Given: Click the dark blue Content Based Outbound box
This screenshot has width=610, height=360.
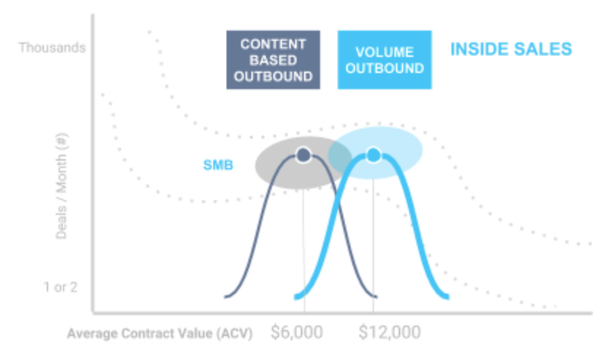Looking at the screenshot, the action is pyautogui.click(x=273, y=60).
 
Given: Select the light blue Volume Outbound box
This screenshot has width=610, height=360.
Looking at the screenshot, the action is pyautogui.click(x=385, y=60).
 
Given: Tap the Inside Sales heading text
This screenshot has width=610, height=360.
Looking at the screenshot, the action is pyautogui.click(x=511, y=50).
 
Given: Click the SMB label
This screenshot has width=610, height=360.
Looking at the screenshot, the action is pyautogui.click(x=218, y=165).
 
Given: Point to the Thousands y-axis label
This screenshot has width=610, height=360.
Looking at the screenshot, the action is pyautogui.click(x=52, y=47).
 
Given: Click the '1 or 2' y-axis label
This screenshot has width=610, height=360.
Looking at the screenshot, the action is pyautogui.click(x=61, y=287).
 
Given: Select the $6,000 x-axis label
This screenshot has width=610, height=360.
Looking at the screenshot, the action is pyautogui.click(x=297, y=332).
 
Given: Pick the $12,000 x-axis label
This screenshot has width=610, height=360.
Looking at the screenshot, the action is pyautogui.click(x=390, y=332).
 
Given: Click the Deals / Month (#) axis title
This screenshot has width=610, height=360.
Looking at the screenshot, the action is pyautogui.click(x=61, y=185).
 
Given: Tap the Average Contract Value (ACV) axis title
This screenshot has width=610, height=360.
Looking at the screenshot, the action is pyautogui.click(x=160, y=333).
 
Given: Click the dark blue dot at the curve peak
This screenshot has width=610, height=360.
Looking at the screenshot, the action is pyautogui.click(x=303, y=155).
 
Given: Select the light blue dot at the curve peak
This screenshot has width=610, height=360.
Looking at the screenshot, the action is pyautogui.click(x=373, y=155).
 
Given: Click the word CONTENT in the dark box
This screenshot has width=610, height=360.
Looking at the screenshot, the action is pyautogui.click(x=273, y=44).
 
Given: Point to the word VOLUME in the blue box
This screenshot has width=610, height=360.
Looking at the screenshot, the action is pyautogui.click(x=385, y=52).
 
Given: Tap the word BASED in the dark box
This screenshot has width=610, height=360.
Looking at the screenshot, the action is pyautogui.click(x=273, y=61).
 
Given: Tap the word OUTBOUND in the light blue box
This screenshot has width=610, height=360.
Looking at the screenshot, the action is pyautogui.click(x=385, y=69).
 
